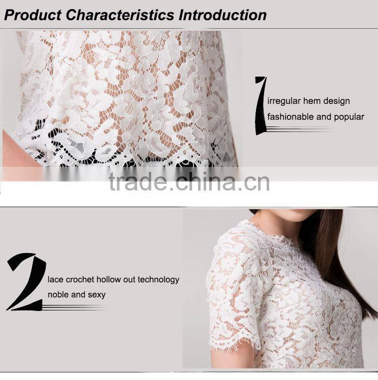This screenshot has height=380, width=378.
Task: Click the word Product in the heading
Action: [33, 15]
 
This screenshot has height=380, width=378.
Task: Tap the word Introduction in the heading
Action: [223, 15]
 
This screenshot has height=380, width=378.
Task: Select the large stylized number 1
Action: [261, 106]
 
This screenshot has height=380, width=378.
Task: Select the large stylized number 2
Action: [26, 282]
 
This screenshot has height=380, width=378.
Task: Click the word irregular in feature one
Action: [284, 101]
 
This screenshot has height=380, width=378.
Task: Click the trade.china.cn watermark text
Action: [189, 182]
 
